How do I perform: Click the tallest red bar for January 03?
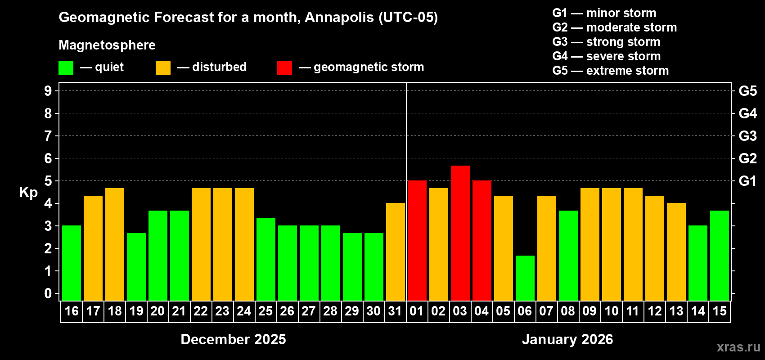[460, 233]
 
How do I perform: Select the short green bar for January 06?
[525, 278]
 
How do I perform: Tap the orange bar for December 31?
[395, 252]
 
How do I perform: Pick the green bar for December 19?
[136, 267]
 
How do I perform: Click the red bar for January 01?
[417, 241]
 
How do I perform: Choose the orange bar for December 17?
[93, 248]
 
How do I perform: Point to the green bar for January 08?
[568, 256]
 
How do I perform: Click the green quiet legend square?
[66, 68]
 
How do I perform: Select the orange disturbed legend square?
[163, 68]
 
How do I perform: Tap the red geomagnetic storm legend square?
[284, 68]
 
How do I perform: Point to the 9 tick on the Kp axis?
[48, 91]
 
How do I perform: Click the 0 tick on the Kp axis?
[48, 294]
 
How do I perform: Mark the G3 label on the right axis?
[747, 136]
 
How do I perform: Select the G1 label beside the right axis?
[747, 181]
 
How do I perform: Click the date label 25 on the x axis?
[265, 311]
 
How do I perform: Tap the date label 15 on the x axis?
[719, 311]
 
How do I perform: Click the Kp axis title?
[28, 193]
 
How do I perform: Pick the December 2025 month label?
[233, 339]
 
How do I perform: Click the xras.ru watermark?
[738, 346]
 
